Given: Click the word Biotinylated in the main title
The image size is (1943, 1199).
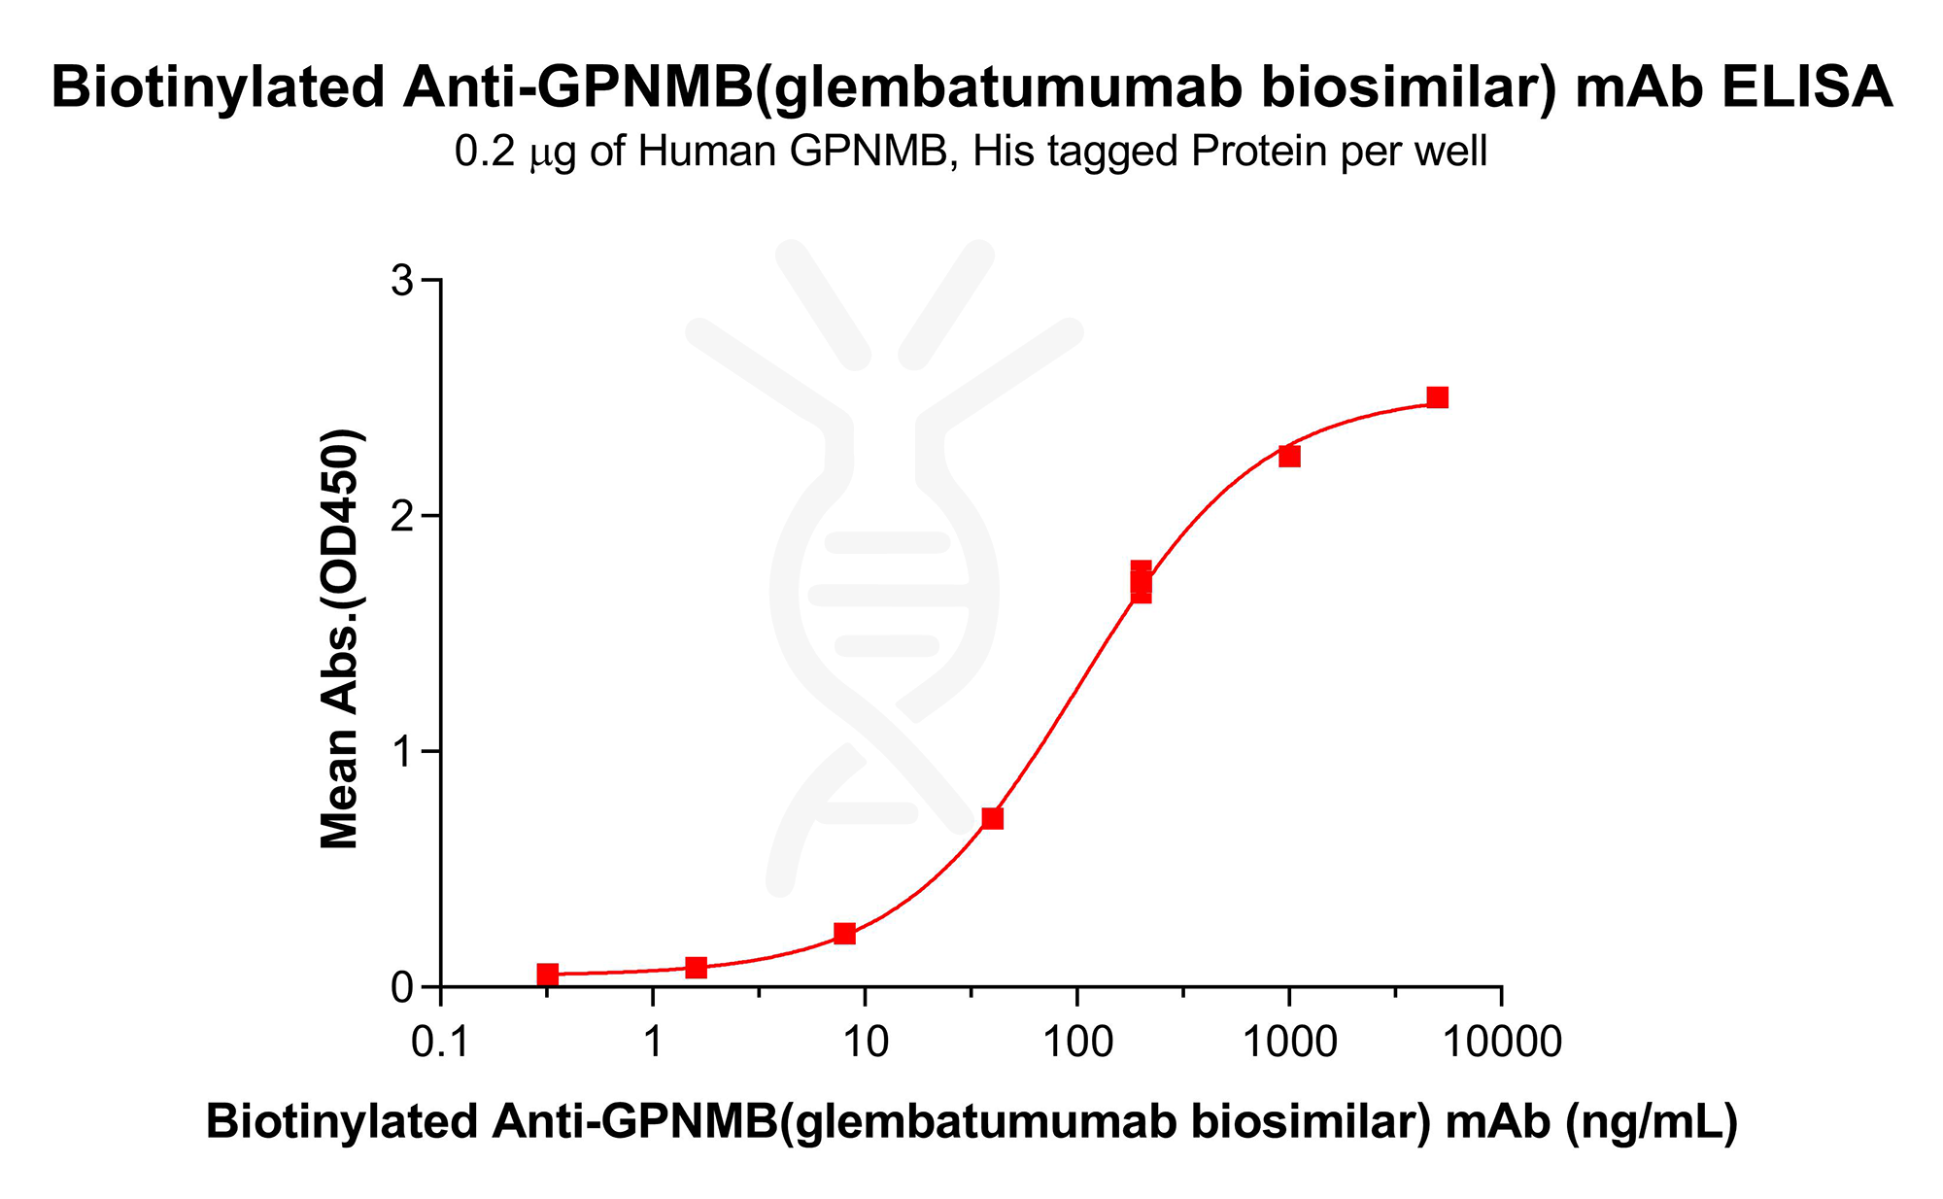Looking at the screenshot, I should (220, 86).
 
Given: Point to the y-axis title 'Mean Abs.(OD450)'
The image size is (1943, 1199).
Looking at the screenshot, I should (341, 638).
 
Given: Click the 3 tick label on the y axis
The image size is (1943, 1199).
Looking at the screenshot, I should (401, 281).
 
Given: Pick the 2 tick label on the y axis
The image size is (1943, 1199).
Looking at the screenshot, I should (401, 516).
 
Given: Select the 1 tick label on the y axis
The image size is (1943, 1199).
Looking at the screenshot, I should (401, 752).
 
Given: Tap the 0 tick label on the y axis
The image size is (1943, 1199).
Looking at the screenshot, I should (401, 987).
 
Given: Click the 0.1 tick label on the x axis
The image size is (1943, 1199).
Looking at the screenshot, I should (441, 1043).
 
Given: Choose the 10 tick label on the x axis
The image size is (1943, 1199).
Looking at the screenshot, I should (865, 1043).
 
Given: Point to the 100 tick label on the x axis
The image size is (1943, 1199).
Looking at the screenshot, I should (1077, 1043).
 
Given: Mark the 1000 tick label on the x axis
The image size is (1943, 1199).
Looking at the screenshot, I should (1289, 1043).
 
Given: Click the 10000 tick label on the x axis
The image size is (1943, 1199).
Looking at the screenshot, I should (1502, 1043).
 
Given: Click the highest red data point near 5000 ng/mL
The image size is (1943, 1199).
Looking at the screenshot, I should (1438, 397).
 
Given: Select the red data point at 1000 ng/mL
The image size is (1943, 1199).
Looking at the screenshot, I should (1289, 456).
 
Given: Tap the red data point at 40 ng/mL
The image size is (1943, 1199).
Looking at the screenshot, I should (992, 818).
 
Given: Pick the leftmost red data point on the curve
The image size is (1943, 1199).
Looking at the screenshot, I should (548, 974).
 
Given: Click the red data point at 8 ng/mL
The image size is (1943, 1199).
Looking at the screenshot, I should (844, 934).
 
